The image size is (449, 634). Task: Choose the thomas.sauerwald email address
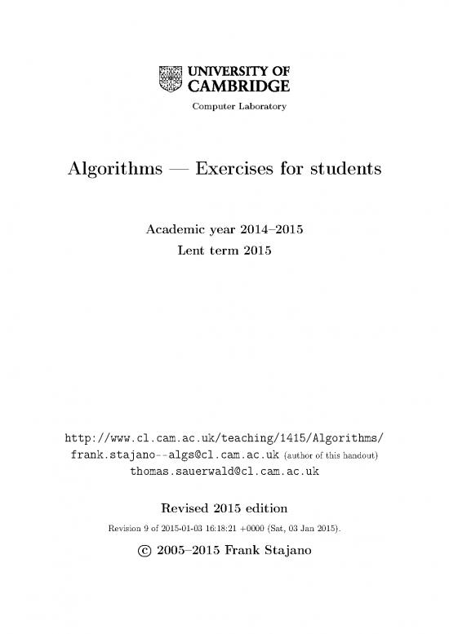coord(224,472)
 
